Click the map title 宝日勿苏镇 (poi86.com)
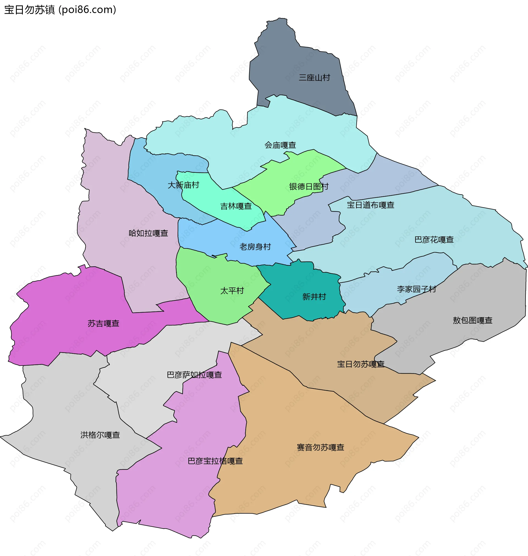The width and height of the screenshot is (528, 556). (x=60, y=10)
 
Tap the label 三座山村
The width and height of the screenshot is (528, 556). (x=314, y=78)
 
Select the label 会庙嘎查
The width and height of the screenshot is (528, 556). (x=280, y=145)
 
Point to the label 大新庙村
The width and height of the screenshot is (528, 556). (x=183, y=185)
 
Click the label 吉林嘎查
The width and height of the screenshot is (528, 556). (x=236, y=206)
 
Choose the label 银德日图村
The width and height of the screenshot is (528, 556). (x=309, y=187)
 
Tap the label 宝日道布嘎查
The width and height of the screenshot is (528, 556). (x=370, y=205)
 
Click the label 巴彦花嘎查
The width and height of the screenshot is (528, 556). (x=434, y=240)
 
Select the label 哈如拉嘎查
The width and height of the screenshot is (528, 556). (x=148, y=233)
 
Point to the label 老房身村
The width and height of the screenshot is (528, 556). (x=255, y=247)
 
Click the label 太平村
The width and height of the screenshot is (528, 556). (x=232, y=291)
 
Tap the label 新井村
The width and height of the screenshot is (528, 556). (x=314, y=297)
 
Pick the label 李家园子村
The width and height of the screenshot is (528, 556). (x=416, y=289)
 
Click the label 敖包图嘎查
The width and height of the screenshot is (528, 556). (x=472, y=321)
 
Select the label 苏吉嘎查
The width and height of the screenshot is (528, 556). (x=103, y=324)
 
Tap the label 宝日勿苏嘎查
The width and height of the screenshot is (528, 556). (x=361, y=364)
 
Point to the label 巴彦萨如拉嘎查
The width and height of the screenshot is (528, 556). (x=194, y=375)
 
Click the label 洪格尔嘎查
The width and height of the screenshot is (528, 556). (x=100, y=435)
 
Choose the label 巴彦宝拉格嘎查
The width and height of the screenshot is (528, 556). (x=215, y=461)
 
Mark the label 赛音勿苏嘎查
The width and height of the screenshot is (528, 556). (x=320, y=448)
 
